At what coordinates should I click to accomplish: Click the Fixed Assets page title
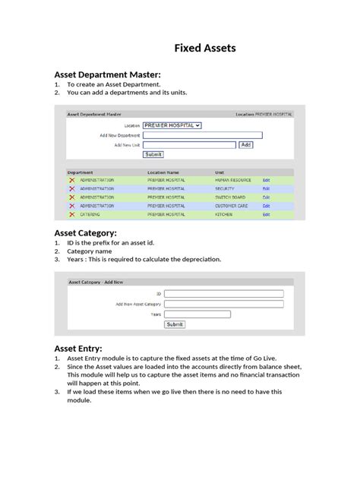(x=205, y=48)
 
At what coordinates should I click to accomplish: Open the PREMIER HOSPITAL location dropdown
(x=172, y=125)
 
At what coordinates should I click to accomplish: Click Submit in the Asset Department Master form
(x=153, y=154)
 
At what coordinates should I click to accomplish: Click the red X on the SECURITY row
(x=72, y=188)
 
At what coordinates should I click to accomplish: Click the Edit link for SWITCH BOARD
(x=266, y=197)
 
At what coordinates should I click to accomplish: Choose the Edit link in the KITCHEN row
(x=266, y=215)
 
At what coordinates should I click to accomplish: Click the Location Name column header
(x=163, y=172)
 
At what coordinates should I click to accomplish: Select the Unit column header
(x=219, y=172)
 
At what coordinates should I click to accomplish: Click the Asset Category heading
(x=84, y=232)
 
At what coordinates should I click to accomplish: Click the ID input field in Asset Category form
(x=224, y=293)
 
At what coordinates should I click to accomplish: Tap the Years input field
(x=224, y=314)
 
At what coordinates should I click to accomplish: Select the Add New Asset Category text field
(x=224, y=304)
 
